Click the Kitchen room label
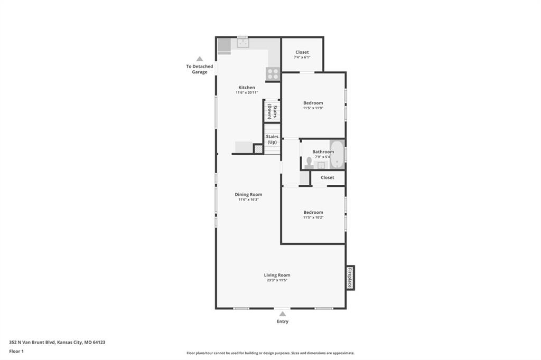coord(247,88)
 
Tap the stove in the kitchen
coord(273,74)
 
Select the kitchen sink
coord(243,43)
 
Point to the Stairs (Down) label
coord(272,111)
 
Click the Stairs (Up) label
coord(272,139)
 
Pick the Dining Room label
coord(248,194)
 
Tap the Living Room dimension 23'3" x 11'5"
coord(277,280)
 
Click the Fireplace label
coord(350,278)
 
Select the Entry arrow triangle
coord(283,314)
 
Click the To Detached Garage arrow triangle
coord(200,59)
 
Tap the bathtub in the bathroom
coord(337,155)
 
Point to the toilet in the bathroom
coord(309,163)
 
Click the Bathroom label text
coord(323,151)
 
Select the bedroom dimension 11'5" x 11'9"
coord(313,108)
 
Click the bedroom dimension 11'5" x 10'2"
coord(313,217)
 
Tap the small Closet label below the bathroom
coord(328,177)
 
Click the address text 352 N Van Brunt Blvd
coord(32,343)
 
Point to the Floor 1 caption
coord(16,352)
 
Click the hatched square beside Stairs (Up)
coord(258,149)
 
